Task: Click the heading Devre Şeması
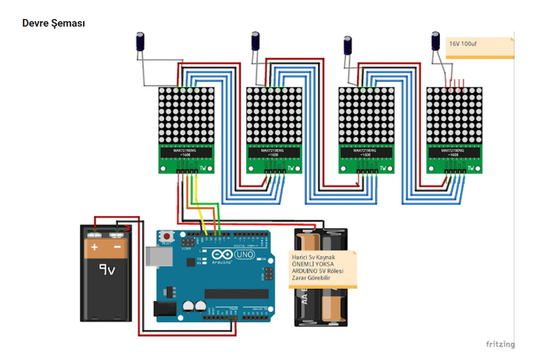click(x=53, y=23)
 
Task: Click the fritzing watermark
click(x=499, y=344)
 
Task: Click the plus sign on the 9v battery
click(x=95, y=248)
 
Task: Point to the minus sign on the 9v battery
click(x=117, y=248)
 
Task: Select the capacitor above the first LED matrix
click(x=140, y=42)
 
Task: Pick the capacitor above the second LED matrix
click(x=255, y=41)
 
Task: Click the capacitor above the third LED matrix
click(x=348, y=45)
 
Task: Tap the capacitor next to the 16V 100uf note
click(x=435, y=41)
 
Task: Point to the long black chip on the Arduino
click(x=236, y=294)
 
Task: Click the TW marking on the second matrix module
click(x=292, y=168)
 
